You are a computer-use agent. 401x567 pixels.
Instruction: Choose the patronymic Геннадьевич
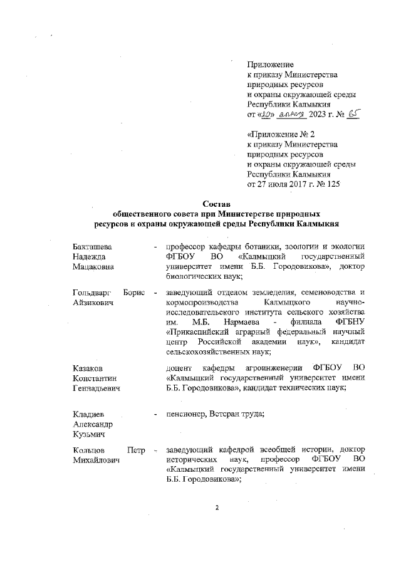[x=96, y=388]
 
